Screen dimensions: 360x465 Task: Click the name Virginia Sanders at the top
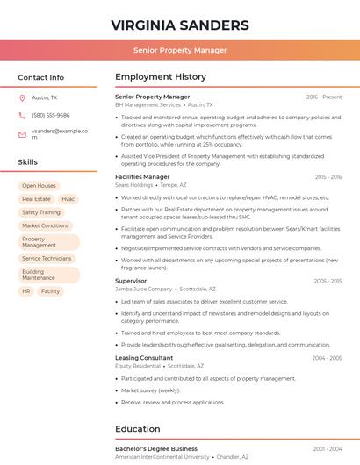(180, 25)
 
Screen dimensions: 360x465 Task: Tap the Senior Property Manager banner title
(180, 50)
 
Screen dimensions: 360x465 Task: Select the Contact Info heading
(41, 77)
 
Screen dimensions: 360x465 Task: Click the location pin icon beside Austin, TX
(22, 97)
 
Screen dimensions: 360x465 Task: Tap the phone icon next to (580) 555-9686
(22, 115)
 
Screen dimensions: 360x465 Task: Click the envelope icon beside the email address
(22, 134)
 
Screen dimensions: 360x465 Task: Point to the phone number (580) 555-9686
(50, 115)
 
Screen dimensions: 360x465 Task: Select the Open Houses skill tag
(39, 186)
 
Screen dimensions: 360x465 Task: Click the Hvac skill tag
(68, 199)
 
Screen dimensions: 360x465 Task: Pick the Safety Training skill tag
(41, 212)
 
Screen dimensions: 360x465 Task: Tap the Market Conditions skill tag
(45, 225)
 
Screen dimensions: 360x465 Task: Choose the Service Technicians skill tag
(47, 258)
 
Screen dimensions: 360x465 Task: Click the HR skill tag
(26, 290)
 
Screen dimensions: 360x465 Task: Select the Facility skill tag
(51, 290)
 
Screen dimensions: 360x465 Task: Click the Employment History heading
(161, 77)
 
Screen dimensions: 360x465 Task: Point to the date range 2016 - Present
(324, 97)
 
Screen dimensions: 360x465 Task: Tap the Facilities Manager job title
(142, 176)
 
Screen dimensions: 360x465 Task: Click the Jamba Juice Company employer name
(144, 289)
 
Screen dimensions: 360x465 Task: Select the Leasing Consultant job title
(144, 358)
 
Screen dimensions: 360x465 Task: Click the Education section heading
(138, 429)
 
